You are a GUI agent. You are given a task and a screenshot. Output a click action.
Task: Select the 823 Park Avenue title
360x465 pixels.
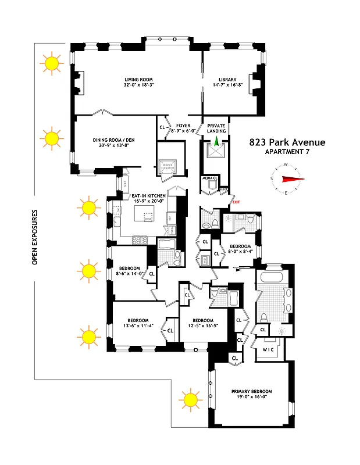pyautogui.click(x=287, y=142)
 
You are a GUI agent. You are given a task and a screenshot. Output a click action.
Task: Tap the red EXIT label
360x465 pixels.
pyautogui.click(x=236, y=201)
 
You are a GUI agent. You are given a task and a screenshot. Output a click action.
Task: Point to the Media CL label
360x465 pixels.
pyautogui.click(x=209, y=178)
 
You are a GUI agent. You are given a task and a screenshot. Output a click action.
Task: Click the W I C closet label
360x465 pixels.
pyautogui.click(x=268, y=350)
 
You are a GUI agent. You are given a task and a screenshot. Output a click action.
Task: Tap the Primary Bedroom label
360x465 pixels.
pyautogui.click(x=251, y=391)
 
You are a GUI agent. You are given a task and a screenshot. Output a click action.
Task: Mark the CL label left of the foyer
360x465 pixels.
pyautogui.click(x=162, y=126)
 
